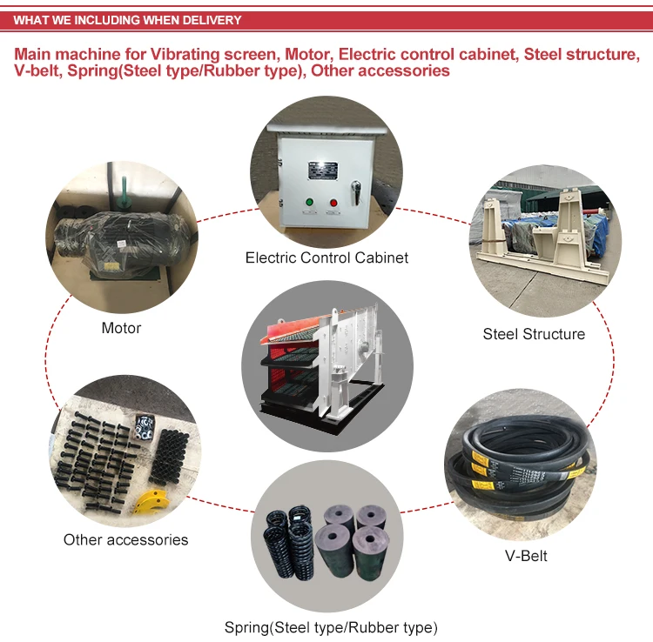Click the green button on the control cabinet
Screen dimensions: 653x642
309,202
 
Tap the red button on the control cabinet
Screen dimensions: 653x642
333,203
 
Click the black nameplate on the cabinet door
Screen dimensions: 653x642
323,171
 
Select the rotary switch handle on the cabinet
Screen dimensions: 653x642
355,192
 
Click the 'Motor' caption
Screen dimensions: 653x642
121,328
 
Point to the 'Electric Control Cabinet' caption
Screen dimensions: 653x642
326,257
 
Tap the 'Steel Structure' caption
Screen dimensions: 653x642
534,334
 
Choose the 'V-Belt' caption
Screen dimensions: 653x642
526,556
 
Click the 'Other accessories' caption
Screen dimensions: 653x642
125,539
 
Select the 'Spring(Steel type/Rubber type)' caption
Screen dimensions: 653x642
331,627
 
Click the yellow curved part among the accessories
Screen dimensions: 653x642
153,501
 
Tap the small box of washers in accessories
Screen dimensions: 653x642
145,427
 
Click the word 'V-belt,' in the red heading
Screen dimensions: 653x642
38,70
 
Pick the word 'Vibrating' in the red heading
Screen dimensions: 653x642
185,54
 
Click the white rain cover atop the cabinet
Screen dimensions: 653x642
327,130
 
